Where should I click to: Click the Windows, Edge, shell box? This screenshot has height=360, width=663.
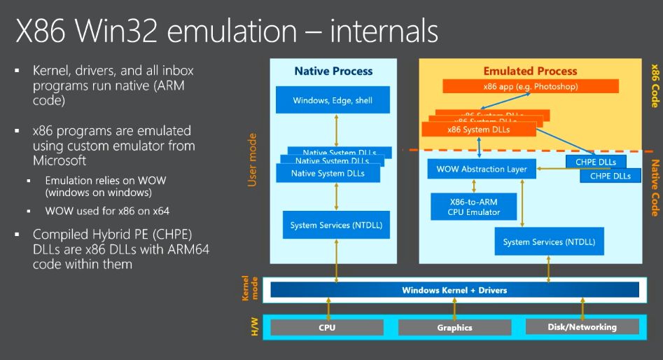(333, 100)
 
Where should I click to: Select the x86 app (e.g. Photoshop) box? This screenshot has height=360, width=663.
(530, 86)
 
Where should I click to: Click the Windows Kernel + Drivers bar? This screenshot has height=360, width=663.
(454, 290)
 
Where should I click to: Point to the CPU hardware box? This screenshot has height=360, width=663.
(327, 327)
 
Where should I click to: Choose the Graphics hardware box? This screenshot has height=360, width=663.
(454, 327)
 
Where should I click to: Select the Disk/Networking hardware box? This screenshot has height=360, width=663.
(582, 326)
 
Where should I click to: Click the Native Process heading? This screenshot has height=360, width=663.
(333, 71)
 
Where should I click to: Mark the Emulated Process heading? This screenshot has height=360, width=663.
(530, 71)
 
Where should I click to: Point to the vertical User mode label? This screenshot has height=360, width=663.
(253, 160)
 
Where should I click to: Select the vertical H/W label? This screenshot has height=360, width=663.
(253, 326)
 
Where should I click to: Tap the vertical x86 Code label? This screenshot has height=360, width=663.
(655, 85)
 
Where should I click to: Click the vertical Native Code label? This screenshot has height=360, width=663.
(655, 188)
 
